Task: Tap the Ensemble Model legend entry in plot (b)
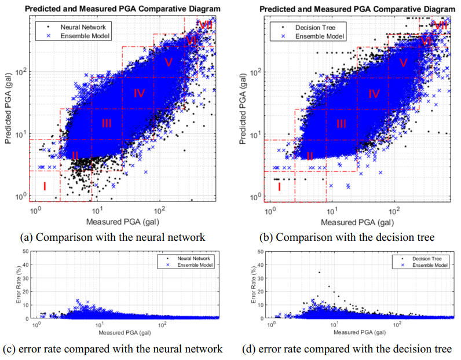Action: tap(319, 35)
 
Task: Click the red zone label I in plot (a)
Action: tap(44, 186)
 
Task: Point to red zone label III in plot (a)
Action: tap(107, 123)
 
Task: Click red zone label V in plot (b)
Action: tap(404, 63)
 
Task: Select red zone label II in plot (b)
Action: tap(310, 156)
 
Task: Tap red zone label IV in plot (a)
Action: tap(139, 93)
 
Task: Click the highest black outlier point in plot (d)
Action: tap(319, 272)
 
